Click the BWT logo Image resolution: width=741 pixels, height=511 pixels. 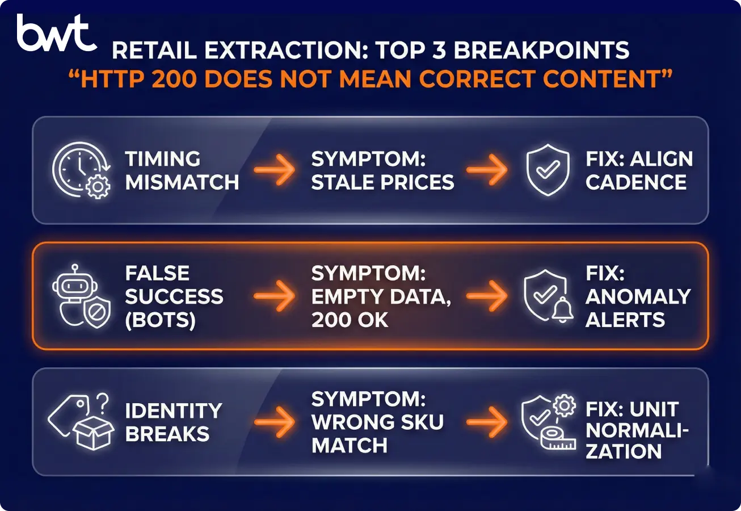[56, 33]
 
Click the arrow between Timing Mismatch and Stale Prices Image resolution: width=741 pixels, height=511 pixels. [275, 170]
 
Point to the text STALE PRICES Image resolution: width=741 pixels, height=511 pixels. [382, 182]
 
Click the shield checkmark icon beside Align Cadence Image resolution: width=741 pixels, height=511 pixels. [547, 170]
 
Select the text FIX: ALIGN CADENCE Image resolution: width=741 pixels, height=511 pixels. [639, 170]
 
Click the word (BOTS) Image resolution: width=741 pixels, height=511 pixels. [160, 320]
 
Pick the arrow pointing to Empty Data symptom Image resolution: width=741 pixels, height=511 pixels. [275, 296]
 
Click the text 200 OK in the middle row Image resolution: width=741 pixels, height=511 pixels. [350, 320]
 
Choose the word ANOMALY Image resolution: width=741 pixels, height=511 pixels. [638, 296]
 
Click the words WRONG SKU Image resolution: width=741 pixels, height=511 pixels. [377, 422]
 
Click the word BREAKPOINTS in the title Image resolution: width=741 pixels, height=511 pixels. [541, 51]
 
